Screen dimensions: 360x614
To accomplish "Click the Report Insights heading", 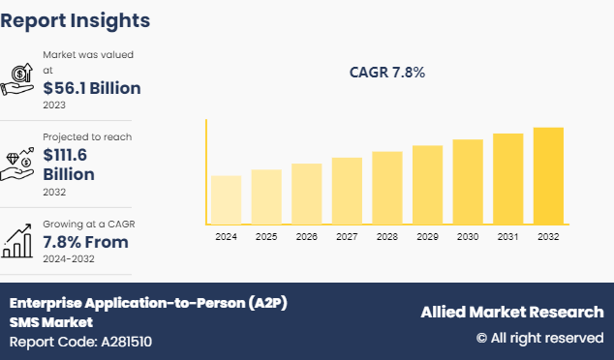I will (76, 19).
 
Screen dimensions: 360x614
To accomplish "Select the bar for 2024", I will (226, 200).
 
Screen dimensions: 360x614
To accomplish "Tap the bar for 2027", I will (347, 192).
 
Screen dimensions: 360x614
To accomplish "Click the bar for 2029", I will (427, 185).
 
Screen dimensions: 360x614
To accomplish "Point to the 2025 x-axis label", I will (266, 236).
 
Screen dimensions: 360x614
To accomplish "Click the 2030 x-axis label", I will (468, 236).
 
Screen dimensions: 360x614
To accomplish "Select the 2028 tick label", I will (387, 236).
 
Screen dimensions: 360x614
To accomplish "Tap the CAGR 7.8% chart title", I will (386, 73).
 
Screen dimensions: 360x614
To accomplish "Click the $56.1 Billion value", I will (93, 87).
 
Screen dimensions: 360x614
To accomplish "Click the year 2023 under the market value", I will (55, 105).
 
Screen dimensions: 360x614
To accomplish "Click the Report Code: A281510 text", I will (80, 341).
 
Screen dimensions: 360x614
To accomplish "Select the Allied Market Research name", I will (511, 312).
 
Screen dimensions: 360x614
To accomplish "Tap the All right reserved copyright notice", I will (539, 338).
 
